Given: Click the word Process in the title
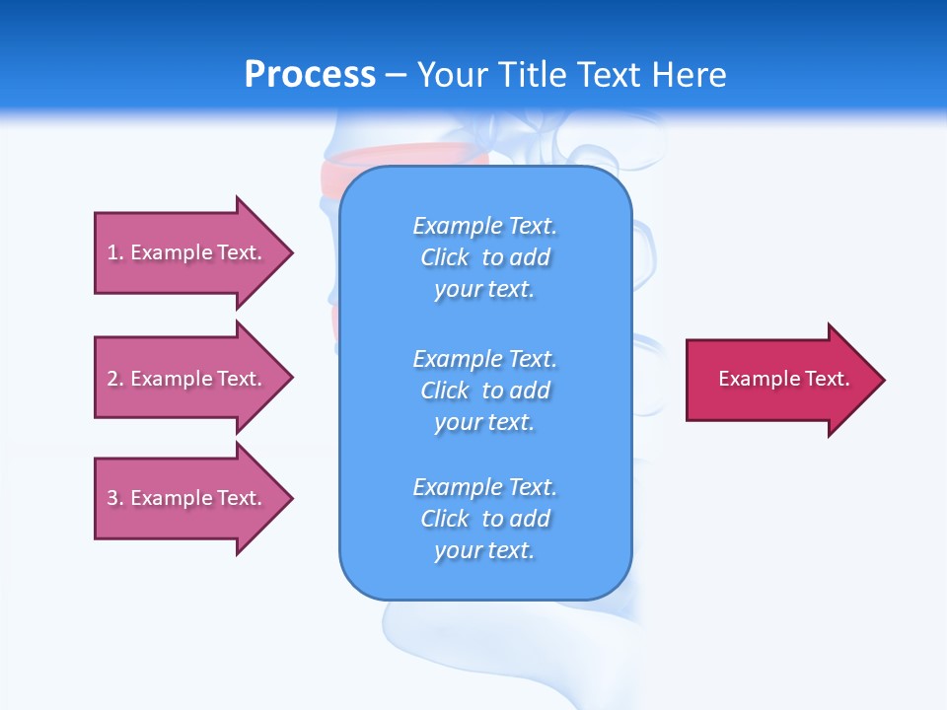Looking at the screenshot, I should [x=310, y=75].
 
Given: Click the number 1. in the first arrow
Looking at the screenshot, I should [x=115, y=252].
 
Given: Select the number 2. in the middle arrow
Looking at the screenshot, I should [x=115, y=379].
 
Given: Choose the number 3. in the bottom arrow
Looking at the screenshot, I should [x=115, y=498].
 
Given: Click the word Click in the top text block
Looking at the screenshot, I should [x=445, y=257].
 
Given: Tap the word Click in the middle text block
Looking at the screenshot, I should [x=445, y=390].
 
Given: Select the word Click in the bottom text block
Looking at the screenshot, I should [x=445, y=519].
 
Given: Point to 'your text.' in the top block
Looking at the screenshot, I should [x=484, y=289].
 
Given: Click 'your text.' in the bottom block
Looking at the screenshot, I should [x=484, y=550].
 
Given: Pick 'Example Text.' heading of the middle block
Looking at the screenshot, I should [x=484, y=359].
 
